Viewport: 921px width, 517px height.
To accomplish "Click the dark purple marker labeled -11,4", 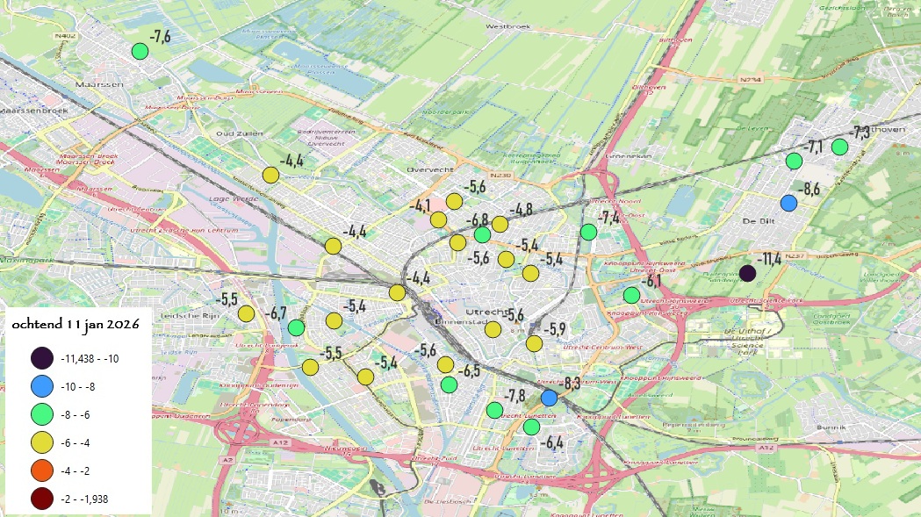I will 747,273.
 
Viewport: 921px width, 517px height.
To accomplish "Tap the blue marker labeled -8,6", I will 788,203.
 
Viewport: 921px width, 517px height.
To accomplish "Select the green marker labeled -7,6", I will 140,51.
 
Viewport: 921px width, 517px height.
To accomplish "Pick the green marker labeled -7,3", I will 839,147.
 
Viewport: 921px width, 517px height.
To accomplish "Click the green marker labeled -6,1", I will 631,295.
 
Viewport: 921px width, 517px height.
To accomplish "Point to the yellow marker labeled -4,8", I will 500,224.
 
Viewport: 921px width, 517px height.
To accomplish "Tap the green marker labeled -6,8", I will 482,234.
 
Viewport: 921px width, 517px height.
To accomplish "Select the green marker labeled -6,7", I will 296,327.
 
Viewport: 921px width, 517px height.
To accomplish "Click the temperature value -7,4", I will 609,216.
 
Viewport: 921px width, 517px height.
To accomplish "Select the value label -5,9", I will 556,329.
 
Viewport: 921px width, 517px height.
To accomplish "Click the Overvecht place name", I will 428,169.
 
